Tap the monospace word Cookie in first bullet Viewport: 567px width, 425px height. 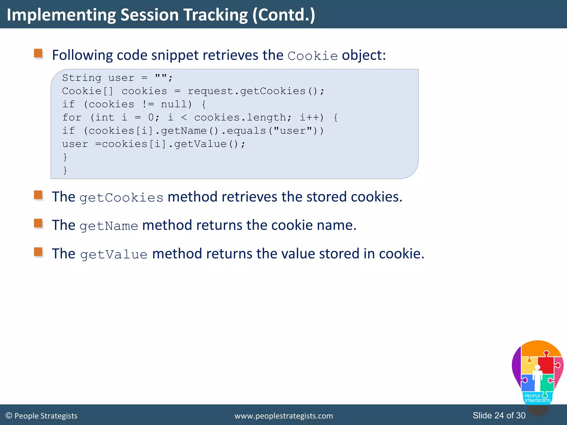(313, 56)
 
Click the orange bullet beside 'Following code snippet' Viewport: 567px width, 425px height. (38, 53)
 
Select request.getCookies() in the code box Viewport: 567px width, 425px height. (256, 91)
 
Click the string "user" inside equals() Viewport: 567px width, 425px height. (293, 131)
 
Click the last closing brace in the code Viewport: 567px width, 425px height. (65, 170)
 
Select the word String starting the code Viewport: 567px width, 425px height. (82, 78)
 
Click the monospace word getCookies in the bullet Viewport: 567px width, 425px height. (121, 198)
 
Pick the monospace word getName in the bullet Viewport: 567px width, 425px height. (109, 226)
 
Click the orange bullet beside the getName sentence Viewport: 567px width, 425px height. (38, 223)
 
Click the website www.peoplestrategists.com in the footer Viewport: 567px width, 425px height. (283, 416)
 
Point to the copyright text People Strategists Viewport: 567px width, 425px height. (46, 416)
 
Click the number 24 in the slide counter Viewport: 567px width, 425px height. (499, 415)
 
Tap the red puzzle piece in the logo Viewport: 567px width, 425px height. (546, 365)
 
